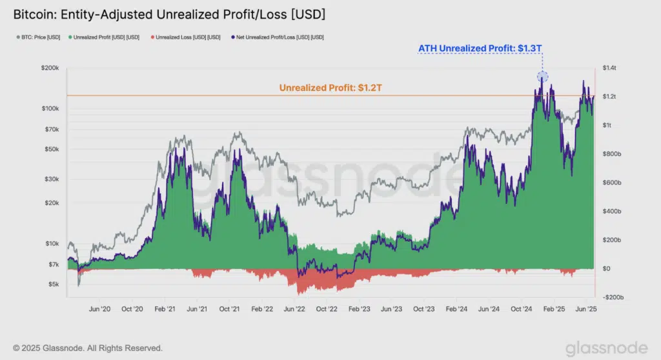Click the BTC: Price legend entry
coord(39,37)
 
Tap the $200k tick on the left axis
coord(50,68)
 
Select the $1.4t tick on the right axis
coord(610,68)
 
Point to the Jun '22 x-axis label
coord(295,309)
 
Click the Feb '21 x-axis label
coord(165,309)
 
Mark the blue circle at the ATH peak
coord(542,77)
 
